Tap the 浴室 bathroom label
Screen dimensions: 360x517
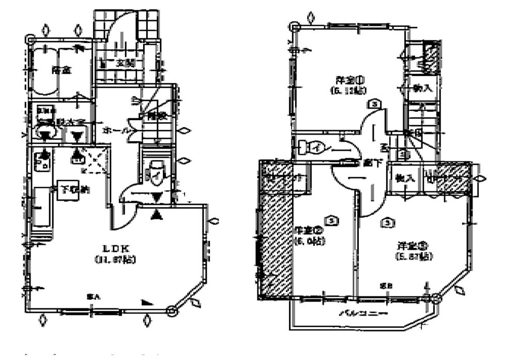point(60,70)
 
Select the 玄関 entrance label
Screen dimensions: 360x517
point(124,64)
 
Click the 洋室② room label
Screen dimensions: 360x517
point(309,230)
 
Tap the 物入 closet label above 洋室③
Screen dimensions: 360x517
point(405,178)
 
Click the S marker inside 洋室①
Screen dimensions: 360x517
point(374,103)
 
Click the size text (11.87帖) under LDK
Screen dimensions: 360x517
point(115,260)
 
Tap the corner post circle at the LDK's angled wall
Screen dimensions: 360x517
point(172,310)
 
